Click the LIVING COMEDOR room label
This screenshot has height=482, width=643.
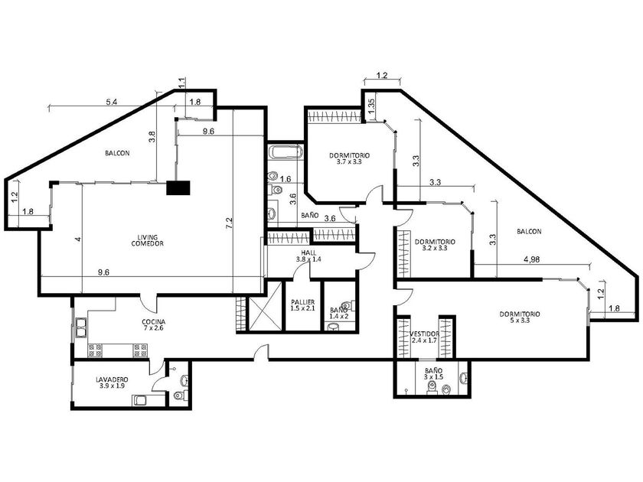click(x=147, y=240)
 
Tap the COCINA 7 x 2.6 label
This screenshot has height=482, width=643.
click(x=154, y=324)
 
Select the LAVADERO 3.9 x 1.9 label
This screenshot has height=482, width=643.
click(x=112, y=383)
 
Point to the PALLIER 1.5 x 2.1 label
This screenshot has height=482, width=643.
click(x=302, y=305)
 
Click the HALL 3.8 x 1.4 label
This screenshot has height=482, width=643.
click(x=308, y=256)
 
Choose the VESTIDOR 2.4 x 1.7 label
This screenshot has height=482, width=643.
click(x=424, y=337)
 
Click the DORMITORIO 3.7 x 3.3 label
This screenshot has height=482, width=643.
click(x=349, y=158)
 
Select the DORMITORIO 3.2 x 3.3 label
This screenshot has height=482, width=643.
click(x=435, y=245)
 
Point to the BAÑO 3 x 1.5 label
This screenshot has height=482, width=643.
click(x=433, y=373)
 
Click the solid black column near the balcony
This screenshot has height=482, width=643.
click(x=178, y=187)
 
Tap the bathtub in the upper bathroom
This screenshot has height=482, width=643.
click(x=286, y=152)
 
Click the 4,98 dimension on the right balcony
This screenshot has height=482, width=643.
click(x=531, y=259)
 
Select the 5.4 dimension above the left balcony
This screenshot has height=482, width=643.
click(x=112, y=103)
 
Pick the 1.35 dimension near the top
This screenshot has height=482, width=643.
click(x=370, y=107)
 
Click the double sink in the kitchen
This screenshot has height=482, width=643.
click(x=81, y=327)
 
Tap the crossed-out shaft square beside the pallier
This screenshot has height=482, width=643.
click(x=265, y=305)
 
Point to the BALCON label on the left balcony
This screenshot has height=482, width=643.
click(x=117, y=153)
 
